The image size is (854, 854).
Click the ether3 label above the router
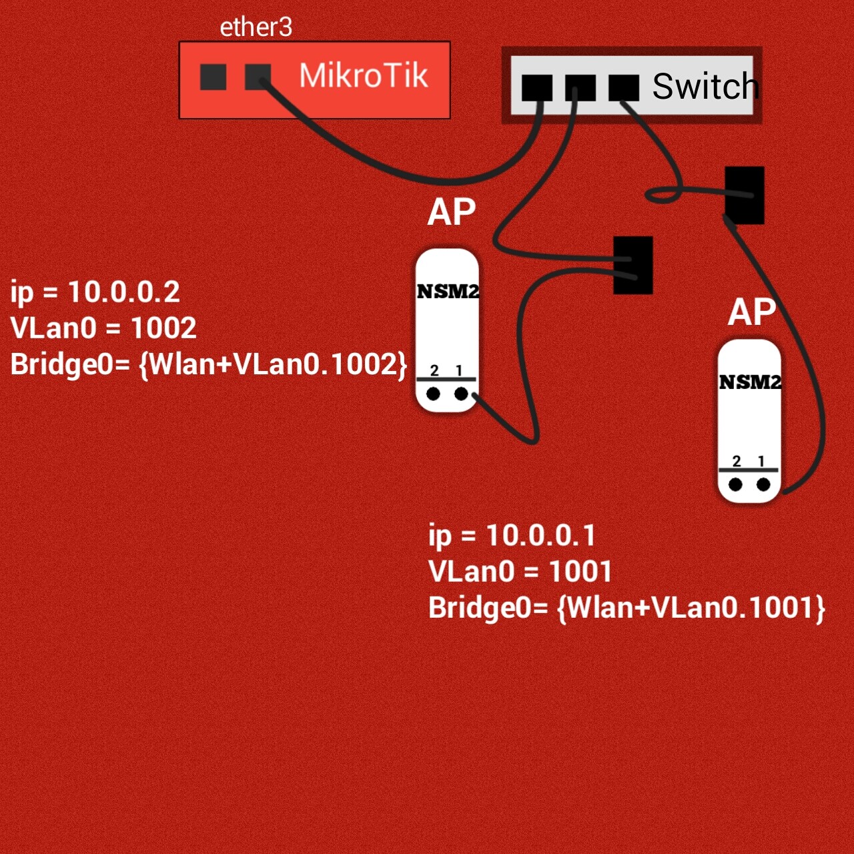[256, 27]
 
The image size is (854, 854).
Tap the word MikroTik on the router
[363, 75]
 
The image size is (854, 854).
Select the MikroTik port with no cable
[213, 77]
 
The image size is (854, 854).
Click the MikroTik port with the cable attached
[258, 77]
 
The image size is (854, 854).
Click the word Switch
[705, 86]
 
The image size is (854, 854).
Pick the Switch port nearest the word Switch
[624, 87]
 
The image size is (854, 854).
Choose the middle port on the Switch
[580, 87]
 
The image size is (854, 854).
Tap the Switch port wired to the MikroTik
[537, 87]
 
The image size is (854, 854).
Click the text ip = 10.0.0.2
[95, 292]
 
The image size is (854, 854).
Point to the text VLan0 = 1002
[103, 328]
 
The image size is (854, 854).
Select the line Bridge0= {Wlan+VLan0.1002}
[208, 364]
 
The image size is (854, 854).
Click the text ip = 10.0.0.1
[512, 535]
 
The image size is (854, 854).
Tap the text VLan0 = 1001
[520, 571]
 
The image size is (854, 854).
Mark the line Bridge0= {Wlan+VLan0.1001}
[626, 608]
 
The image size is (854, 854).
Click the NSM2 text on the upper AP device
[448, 292]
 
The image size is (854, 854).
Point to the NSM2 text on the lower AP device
[750, 382]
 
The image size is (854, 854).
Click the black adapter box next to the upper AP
[632, 265]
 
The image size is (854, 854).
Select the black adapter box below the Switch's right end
[745, 195]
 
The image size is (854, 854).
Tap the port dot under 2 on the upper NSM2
[433, 394]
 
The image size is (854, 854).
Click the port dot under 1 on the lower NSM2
[763, 484]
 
